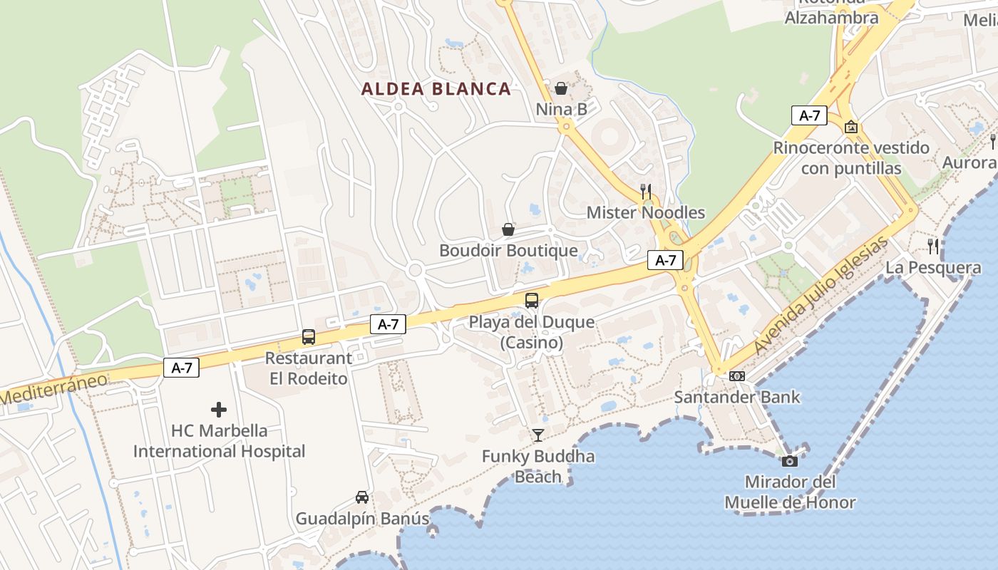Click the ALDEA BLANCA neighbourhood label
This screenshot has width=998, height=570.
click(x=436, y=89)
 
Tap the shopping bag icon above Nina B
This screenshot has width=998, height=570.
click(x=561, y=88)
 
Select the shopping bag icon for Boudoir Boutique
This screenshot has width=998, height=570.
click(x=508, y=229)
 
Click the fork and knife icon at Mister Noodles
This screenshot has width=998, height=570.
click(x=646, y=191)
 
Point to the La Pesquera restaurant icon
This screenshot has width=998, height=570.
click(x=933, y=247)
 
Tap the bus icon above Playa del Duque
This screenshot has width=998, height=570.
click(x=532, y=301)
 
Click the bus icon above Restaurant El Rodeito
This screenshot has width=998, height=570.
click(x=309, y=337)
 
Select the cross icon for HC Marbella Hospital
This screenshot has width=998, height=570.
click(x=219, y=410)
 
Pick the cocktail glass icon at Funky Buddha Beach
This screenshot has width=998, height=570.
click(x=538, y=435)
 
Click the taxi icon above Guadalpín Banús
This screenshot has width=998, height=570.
click(x=362, y=497)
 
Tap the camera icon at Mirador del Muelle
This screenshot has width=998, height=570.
click(x=790, y=461)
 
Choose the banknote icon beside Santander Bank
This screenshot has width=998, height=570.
click(x=737, y=376)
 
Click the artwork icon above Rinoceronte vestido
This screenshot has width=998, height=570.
click(x=850, y=128)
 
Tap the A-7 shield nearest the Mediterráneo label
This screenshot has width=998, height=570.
click(x=182, y=368)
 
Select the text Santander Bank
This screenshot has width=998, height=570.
click(x=737, y=397)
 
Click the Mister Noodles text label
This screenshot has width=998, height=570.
click(x=646, y=212)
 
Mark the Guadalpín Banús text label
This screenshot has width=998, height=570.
click(x=363, y=518)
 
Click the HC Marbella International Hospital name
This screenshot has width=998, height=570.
click(x=219, y=441)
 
